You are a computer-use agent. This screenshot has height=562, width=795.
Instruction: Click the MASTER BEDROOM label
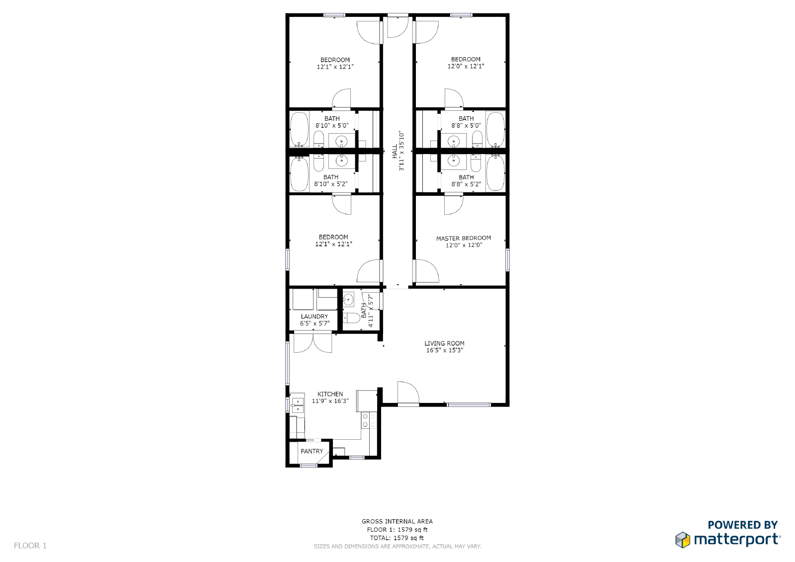point(464,238)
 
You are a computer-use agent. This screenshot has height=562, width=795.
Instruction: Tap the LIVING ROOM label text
point(444,343)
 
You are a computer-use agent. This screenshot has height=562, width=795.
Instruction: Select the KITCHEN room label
point(330,394)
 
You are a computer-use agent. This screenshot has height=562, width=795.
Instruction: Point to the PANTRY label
point(312,451)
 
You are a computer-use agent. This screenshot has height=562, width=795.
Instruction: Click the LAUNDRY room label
point(314,317)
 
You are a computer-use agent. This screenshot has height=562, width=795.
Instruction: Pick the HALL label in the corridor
point(395,151)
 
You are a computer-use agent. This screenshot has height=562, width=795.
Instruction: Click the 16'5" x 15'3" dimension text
point(444,350)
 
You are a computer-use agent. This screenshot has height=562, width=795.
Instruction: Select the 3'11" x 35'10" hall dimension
point(401,151)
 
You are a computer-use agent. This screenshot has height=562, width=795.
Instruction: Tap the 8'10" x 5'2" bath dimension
point(331,184)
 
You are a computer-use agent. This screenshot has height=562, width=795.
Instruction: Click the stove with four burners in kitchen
point(369,420)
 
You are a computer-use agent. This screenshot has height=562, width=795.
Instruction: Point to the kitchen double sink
point(298,405)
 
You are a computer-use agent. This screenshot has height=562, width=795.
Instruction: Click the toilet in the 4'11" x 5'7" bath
point(352,318)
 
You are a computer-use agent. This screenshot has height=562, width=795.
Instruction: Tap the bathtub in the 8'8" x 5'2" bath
point(495,173)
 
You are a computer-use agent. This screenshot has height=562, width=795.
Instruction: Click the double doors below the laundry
point(313,343)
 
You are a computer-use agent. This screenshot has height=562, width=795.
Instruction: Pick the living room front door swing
point(408,393)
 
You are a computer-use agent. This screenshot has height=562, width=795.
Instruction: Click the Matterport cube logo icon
point(683,540)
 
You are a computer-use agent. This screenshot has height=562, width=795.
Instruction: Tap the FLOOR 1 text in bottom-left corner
point(30,546)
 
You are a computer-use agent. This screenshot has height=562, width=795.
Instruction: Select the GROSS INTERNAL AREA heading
point(397,521)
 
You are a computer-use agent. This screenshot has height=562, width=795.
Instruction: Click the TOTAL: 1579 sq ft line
point(397,538)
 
